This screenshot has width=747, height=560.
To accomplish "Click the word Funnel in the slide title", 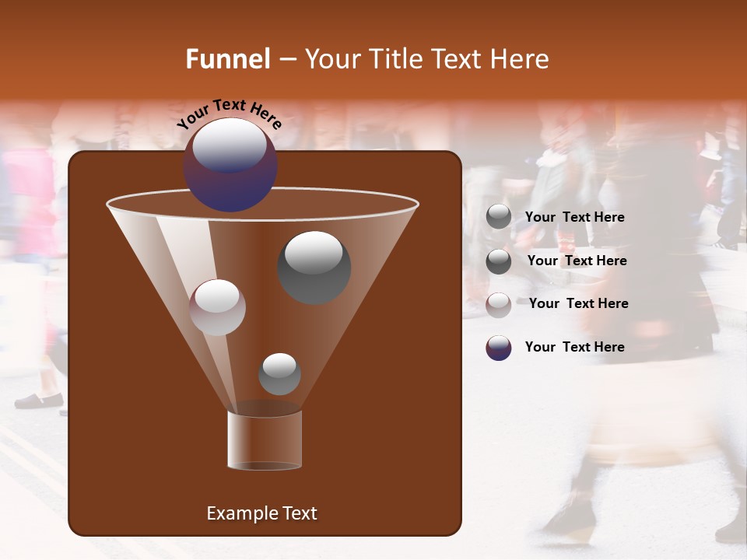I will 227,59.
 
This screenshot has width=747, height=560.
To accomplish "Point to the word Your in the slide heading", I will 331,59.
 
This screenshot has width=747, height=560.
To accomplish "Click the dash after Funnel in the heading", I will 286,60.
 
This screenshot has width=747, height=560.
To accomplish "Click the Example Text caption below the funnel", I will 261,513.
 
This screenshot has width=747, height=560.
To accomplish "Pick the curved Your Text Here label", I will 230,114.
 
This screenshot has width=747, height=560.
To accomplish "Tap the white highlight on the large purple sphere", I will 229,144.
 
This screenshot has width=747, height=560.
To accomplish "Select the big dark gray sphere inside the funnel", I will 314,268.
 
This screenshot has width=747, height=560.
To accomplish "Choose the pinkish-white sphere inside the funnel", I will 217,307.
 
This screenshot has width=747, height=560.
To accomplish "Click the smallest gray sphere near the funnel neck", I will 279,374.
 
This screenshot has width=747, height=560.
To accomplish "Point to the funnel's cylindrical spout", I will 265,440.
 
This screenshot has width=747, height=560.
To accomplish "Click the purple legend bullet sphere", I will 499,348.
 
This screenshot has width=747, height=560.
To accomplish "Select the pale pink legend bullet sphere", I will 499,305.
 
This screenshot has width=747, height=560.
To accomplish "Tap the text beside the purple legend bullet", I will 574,347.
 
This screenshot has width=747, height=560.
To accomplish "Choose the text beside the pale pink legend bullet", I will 578,303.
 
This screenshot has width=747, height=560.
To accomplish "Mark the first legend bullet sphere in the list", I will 499,217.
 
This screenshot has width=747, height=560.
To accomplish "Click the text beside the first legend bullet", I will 574,217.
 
